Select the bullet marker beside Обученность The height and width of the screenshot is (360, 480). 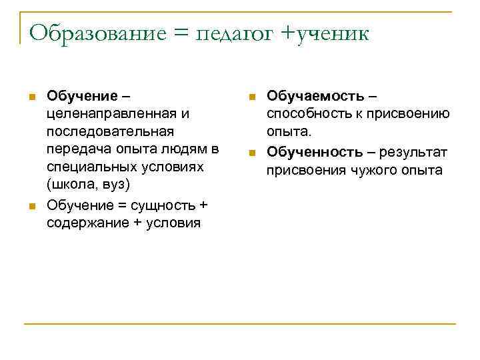click(x=251, y=153)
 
